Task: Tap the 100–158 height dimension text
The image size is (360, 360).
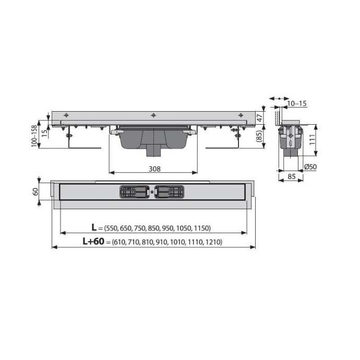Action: click(34, 136)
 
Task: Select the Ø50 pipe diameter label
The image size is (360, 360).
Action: click(310, 166)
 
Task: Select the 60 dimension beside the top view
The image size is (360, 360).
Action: click(35, 191)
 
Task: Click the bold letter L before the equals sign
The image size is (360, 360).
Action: click(94, 227)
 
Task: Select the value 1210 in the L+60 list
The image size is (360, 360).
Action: click(212, 242)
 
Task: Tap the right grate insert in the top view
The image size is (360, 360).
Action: click(169, 192)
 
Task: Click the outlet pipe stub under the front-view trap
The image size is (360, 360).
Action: click(154, 152)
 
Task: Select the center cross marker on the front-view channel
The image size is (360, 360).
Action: click(153, 115)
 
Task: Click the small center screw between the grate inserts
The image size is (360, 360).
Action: click(151, 192)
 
